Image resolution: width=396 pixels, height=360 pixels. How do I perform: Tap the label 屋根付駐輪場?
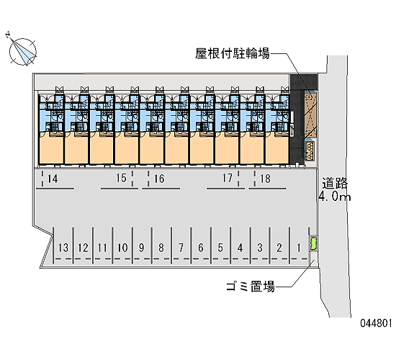click(233, 53)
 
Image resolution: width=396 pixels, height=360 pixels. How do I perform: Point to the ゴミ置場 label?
click(251, 287)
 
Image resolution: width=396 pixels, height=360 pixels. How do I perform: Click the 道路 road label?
click(335, 183)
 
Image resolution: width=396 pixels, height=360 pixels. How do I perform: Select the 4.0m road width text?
click(334, 196)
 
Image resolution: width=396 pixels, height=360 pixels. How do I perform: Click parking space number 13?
click(63, 248)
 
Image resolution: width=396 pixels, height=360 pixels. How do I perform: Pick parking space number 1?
click(299, 248)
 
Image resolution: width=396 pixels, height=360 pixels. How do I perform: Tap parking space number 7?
click(181, 248)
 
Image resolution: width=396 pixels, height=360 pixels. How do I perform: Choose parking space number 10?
click(122, 248)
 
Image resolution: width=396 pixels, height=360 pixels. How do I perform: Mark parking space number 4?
click(240, 248)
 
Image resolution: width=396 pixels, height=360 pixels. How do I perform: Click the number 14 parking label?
click(53, 179)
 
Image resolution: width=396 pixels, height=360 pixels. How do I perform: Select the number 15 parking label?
click(121, 178)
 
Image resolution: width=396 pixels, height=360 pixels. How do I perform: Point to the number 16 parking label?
click(159, 179)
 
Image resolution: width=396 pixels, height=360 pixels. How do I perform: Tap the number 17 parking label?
click(228, 178)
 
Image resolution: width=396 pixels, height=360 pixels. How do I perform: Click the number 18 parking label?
click(265, 179)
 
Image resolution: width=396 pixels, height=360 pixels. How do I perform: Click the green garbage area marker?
click(313, 243)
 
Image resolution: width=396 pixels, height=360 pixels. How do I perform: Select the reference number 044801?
click(376, 323)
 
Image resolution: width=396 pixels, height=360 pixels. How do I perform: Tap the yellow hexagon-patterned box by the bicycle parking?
click(310, 151)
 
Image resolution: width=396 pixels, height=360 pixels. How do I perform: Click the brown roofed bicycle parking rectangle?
click(310, 115)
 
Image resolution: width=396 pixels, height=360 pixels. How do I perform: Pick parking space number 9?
click(141, 248)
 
